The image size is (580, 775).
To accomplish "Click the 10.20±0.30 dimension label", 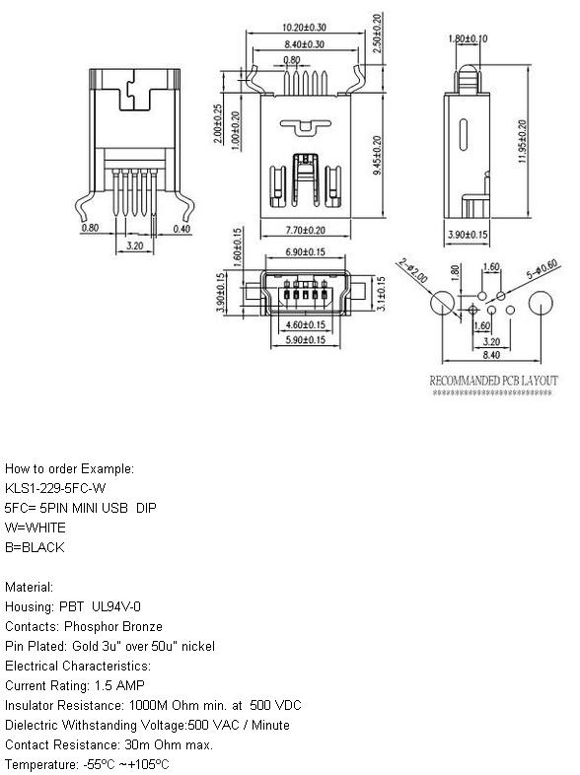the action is point(304,28).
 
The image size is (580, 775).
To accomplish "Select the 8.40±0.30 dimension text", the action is point(304,44).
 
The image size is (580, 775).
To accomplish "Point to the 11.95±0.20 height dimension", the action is point(522,141).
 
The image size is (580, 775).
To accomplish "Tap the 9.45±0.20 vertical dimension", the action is point(377,155).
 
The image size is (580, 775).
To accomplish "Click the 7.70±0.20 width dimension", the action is point(306,231).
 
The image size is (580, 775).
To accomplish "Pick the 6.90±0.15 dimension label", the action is point(305,252).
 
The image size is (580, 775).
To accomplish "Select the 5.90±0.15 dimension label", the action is point(305,340).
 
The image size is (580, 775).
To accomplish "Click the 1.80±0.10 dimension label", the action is point(468,38).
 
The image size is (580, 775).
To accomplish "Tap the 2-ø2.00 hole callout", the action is point(413,270).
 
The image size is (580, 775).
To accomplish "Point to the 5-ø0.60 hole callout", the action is point(542,268).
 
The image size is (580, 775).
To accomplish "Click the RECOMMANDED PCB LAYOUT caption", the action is point(493,381).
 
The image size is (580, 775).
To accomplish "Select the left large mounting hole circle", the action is point(443,303).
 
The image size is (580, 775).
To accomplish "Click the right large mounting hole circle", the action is point(541,303).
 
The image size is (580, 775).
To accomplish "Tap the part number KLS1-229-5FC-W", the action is point(55,488).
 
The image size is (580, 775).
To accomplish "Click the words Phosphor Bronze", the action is point(113,627).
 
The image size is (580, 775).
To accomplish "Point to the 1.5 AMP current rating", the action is point(119,686).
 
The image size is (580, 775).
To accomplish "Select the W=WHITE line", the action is point(36,528).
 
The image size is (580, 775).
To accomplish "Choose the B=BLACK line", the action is point(35,547).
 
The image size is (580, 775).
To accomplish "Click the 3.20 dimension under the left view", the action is point(134,246).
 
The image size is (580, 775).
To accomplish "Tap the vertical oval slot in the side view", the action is point(464,134).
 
